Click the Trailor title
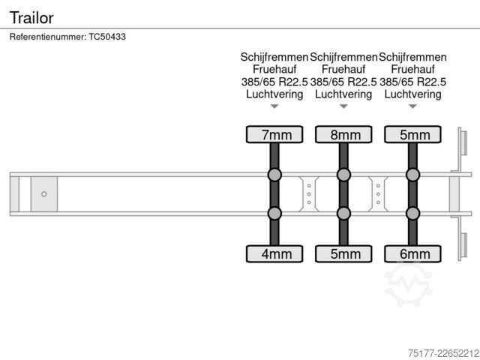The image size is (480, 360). tap(31, 17)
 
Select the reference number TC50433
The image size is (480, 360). tap(107, 37)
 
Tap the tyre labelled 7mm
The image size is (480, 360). tap(274, 134)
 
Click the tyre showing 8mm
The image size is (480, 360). tap(343, 134)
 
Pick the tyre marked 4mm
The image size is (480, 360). tap(274, 253)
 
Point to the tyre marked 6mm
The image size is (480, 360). tap(412, 253)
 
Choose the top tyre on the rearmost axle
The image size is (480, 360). tap(412, 134)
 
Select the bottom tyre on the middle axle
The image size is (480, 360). tap(343, 253)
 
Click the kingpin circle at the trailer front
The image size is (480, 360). tap(44, 194)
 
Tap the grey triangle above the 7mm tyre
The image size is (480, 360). tap(274, 106)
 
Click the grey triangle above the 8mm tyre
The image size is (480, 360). tap(343, 106)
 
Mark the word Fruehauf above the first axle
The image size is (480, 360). tap(274, 70)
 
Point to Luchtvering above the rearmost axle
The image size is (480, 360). tap(412, 94)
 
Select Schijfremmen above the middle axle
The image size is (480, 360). tap(343, 57)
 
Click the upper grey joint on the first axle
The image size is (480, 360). tap(274, 175)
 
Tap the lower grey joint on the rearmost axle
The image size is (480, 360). tap(412, 213)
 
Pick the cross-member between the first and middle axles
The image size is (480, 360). tap(309, 194)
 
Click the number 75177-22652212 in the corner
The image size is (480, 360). tap(443, 353)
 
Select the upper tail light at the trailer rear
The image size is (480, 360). tap(463, 143)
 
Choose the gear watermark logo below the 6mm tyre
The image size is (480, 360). tap(408, 284)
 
